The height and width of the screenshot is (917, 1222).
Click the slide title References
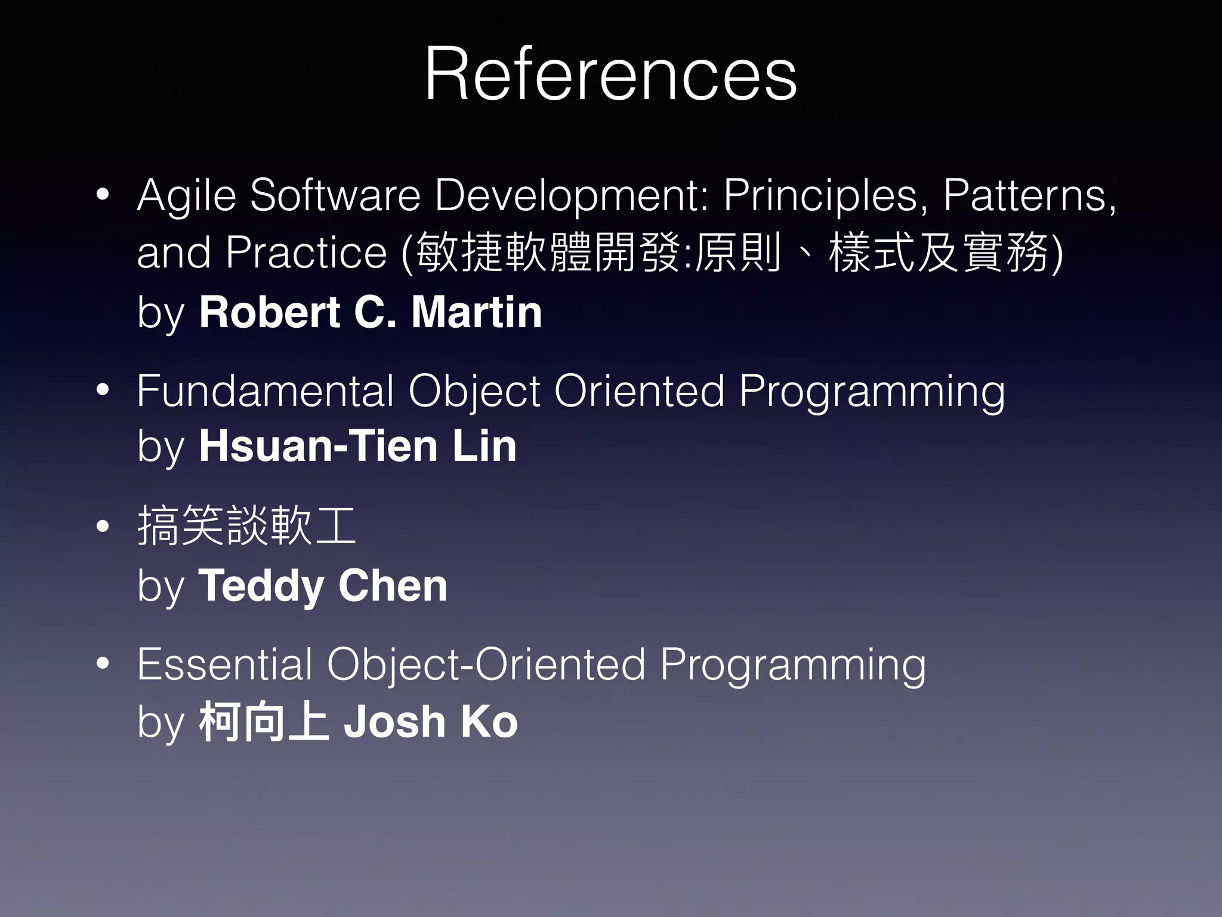(610, 75)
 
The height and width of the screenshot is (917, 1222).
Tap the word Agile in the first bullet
(186, 196)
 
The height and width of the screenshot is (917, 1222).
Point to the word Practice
(306, 253)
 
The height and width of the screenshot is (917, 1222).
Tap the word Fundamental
(265, 392)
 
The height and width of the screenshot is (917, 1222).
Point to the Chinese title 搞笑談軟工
(246, 526)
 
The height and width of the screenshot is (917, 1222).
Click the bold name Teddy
(261, 586)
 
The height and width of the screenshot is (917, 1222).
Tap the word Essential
(224, 664)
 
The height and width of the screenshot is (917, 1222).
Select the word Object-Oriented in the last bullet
(486, 664)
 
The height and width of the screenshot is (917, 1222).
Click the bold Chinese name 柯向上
(264, 722)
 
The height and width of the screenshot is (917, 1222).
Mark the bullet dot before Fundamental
(103, 390)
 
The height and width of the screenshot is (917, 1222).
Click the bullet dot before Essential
(103, 663)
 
